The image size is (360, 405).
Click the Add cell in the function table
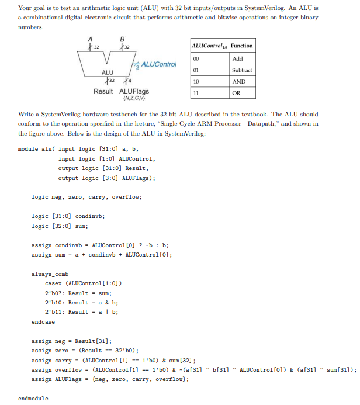[x=237, y=58]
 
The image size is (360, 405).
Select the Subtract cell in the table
[x=241, y=70]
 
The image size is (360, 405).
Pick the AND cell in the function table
[x=238, y=82]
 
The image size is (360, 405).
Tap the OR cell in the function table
[x=236, y=93]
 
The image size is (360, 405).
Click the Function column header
[x=241, y=46]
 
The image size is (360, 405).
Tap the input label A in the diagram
[x=90, y=39]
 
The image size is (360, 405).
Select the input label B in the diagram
[x=122, y=39]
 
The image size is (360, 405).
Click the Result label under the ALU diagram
[x=103, y=92]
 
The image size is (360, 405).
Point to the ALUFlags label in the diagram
[x=134, y=92]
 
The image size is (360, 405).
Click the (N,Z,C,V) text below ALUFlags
[x=134, y=98]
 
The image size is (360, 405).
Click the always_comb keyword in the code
[x=50, y=274]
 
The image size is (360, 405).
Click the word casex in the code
[x=53, y=283]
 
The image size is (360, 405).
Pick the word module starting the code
[x=28, y=149]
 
